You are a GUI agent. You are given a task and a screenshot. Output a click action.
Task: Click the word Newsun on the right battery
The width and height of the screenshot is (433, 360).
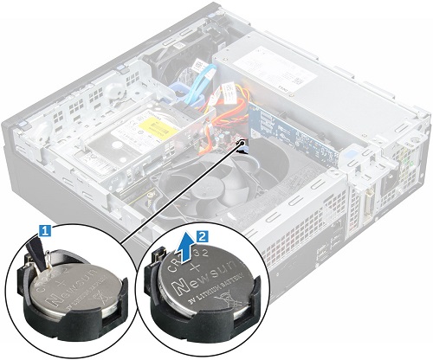[x=212, y=282]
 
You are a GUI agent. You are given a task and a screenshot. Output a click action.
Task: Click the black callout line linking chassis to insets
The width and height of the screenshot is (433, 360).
[x=182, y=190]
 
